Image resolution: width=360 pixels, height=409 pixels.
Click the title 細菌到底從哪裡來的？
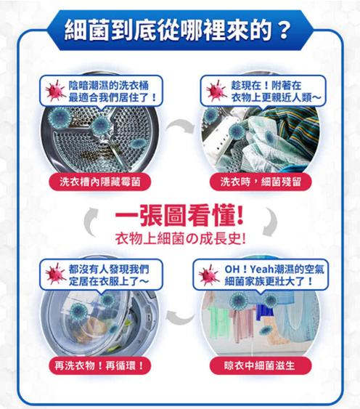pos(179,31)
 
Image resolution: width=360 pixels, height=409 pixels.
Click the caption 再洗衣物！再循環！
pos(99,365)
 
